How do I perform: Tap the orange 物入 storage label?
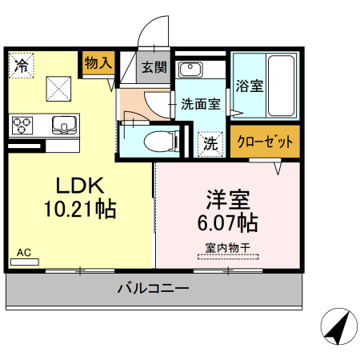pyautogui.click(x=98, y=62)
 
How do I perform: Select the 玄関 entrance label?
pyautogui.click(x=154, y=67)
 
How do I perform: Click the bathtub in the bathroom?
pyautogui.click(x=279, y=85)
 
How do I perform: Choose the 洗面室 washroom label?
pyautogui.click(x=200, y=103)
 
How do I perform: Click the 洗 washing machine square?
pyautogui.click(x=209, y=144)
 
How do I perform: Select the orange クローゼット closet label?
pyautogui.click(x=265, y=142)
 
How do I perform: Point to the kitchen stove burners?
pyautogui.click(x=22, y=125)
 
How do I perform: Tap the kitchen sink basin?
pyautogui.click(x=63, y=125)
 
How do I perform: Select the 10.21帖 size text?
pyautogui.click(x=80, y=210)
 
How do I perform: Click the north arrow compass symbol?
pyautogui.click(x=338, y=326)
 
